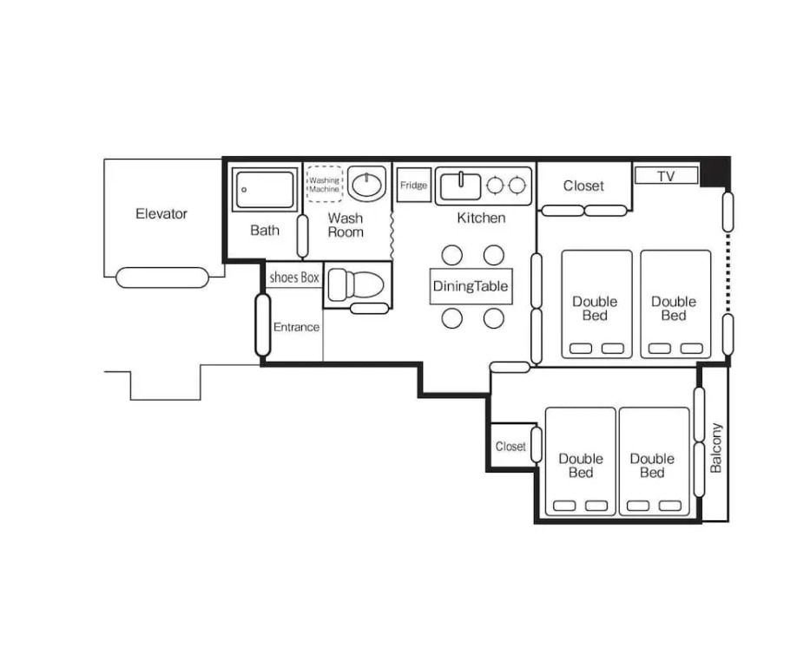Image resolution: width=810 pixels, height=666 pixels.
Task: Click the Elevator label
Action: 161,213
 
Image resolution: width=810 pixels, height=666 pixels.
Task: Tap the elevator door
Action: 162,277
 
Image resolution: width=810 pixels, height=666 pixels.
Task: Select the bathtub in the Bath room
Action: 265,189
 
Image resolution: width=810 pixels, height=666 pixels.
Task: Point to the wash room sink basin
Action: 366,184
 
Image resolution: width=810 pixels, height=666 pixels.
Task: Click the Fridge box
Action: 414,185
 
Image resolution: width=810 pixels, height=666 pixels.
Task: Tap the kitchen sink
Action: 460,186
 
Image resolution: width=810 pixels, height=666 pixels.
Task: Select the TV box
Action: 667,175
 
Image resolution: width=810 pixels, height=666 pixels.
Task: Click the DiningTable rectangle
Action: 471,286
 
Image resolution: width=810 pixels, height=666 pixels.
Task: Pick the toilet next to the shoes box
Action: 356,284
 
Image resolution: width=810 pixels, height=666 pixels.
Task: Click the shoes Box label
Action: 294,277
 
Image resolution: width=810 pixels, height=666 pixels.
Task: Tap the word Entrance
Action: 296,327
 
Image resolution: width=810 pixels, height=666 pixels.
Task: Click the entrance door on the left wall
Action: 263,325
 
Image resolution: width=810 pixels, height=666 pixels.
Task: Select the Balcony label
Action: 715,447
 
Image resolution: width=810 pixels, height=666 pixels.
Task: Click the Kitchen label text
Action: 481,218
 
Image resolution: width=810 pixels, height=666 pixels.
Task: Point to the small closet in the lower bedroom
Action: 511,447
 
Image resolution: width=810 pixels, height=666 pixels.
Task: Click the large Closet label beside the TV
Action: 583,186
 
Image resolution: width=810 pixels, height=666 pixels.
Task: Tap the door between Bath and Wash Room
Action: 303,236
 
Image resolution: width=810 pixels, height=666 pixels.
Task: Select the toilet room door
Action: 369,309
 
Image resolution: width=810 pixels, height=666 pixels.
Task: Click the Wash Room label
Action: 346,225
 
